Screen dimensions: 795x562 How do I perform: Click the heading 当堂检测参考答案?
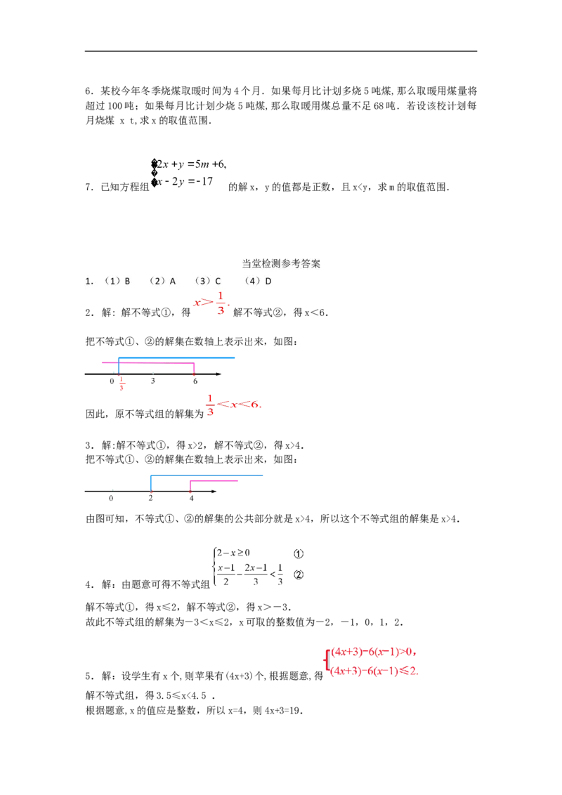tap(281, 264)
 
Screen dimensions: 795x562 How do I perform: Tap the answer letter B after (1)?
tap(127, 282)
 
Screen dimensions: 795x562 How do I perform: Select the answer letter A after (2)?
tap(172, 282)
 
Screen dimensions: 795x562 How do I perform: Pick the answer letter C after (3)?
tap(218, 282)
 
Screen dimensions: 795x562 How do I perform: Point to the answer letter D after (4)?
tap(268, 282)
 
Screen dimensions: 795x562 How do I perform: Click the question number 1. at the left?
tap(89, 282)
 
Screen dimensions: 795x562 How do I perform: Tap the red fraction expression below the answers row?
tap(211, 303)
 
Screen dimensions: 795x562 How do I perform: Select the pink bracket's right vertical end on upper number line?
tap(195, 371)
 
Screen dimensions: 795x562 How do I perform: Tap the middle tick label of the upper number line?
tap(155, 382)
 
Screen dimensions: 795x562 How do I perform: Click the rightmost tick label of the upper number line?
tap(195, 382)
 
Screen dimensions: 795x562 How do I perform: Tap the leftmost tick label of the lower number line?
tap(111, 498)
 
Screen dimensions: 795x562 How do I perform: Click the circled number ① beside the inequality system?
tap(298, 552)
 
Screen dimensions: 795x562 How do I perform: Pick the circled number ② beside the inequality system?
tap(298, 574)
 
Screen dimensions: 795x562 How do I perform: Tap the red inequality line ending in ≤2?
tap(375, 671)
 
